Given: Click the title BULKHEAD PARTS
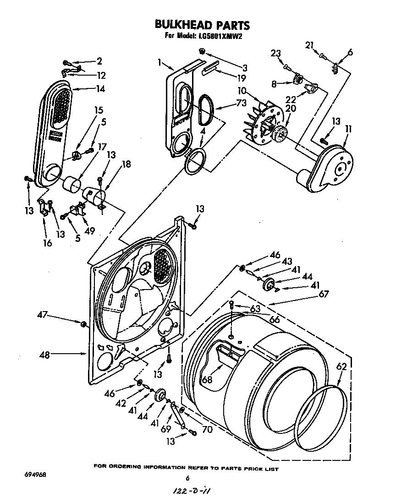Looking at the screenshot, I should click(202, 25).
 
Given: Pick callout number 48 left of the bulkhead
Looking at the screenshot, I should click(44, 354).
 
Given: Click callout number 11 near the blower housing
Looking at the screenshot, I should click(348, 130).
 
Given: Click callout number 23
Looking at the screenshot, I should click(275, 54).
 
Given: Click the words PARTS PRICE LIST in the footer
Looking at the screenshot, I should click(247, 468).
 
